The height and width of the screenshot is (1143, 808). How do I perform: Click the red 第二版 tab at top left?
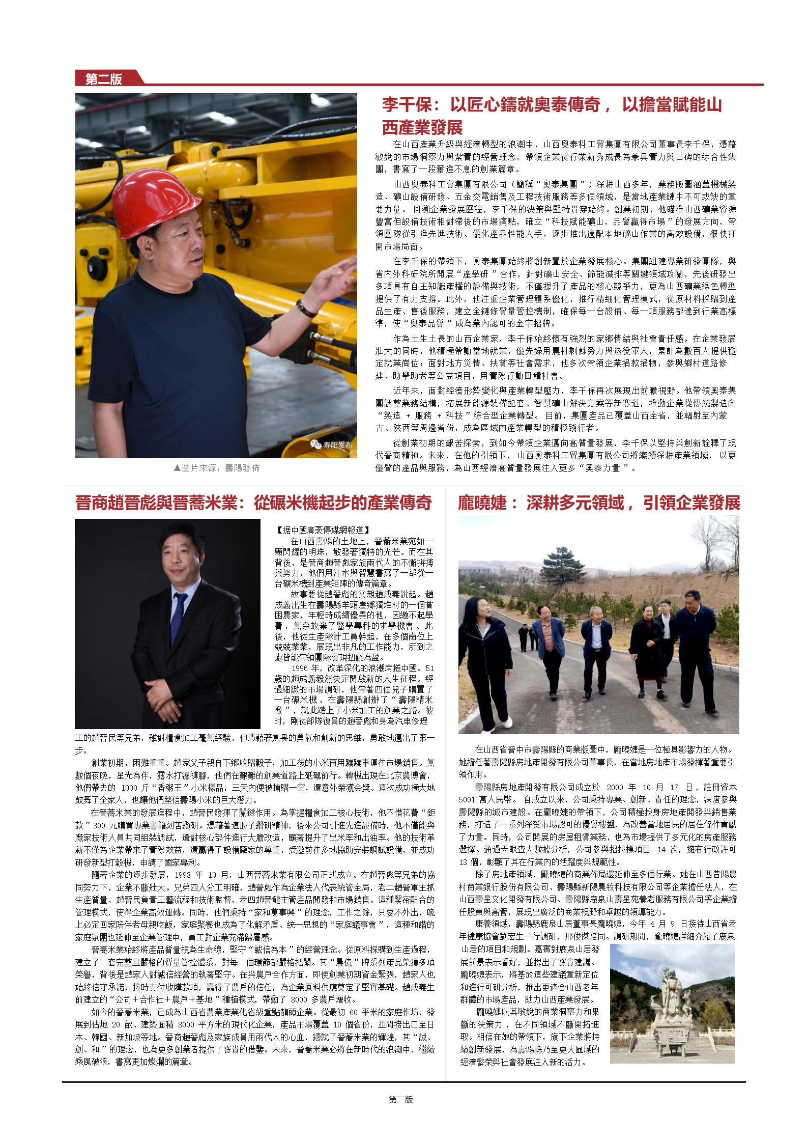[x=104, y=79]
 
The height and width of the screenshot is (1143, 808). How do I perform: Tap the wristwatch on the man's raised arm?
[x=306, y=308]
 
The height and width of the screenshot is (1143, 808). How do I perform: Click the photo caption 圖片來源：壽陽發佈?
[x=216, y=467]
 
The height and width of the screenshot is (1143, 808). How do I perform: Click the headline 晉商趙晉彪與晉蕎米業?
[x=253, y=503]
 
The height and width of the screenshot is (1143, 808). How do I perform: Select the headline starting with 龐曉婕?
[x=599, y=503]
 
